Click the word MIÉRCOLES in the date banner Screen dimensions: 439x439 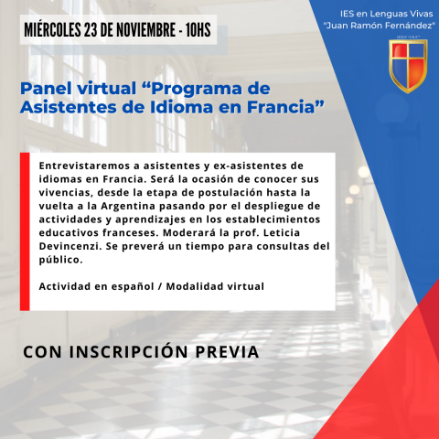[52, 30]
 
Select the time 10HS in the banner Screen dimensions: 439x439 [198, 30]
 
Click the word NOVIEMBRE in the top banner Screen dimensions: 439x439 [145, 30]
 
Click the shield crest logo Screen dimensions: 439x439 [408, 66]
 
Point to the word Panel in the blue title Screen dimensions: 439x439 [47, 89]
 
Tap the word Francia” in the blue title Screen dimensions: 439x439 [285, 107]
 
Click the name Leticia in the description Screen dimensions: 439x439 [282, 232]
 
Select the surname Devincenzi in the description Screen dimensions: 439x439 [70, 246]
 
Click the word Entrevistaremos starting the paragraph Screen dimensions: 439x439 [84, 166]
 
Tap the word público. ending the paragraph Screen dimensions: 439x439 [60, 260]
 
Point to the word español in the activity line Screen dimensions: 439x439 [133, 287]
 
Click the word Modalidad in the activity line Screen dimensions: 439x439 [195, 286]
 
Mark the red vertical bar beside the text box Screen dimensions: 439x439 [25, 231]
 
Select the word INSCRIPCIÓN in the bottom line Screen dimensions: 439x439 [128, 351]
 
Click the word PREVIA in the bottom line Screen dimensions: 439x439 [227, 352]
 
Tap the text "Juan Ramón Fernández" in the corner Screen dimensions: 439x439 [380, 26]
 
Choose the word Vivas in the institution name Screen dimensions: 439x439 [422, 14]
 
